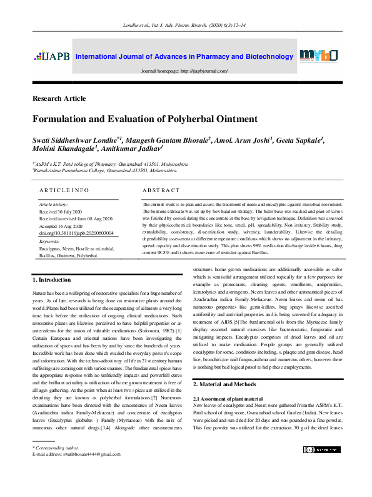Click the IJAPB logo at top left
pyautogui.click(x=52, y=57)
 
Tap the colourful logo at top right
pyautogui.click(x=319, y=56)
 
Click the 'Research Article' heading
pyautogui.click(x=59, y=99)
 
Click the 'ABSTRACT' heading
pyautogui.click(x=161, y=190)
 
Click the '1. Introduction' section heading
pyautogui.click(x=52, y=279)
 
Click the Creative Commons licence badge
pyautogui.click(x=321, y=449)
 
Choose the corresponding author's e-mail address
pyautogui.click(x=75, y=455)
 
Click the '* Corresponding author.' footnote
pyautogui.click(x=56, y=449)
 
